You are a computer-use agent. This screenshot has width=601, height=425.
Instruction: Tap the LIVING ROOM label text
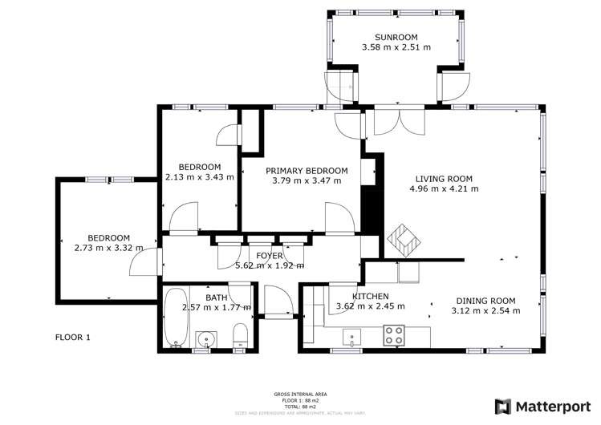[x=443, y=179]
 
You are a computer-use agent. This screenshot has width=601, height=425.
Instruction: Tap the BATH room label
[x=216, y=297]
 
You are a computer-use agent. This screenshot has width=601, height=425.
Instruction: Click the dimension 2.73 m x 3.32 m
[x=108, y=248]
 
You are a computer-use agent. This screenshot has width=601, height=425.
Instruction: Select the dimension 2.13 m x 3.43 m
[x=199, y=177]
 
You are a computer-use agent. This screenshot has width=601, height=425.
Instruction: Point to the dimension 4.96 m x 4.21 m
[x=443, y=189]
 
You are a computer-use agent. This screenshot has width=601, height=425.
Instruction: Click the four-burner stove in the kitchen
[x=393, y=334]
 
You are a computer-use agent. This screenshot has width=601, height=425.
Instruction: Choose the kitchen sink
[x=351, y=335]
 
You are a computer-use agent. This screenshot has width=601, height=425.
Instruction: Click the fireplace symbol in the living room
[x=402, y=241]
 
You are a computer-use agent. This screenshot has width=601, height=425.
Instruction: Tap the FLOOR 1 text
[x=72, y=337]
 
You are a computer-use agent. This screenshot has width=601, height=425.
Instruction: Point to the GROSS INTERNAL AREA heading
[x=300, y=395]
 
